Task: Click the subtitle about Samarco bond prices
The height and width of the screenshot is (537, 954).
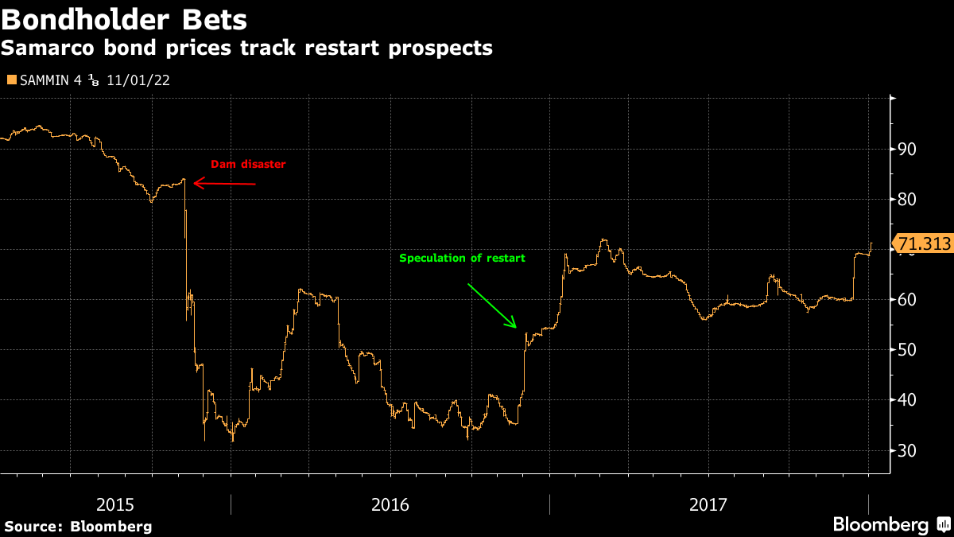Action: click(246, 49)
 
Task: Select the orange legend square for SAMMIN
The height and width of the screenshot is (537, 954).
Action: click(10, 80)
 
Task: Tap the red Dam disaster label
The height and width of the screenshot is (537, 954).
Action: click(247, 165)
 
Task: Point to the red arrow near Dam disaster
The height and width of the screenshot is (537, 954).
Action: click(225, 184)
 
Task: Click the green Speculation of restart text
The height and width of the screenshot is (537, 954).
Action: click(462, 259)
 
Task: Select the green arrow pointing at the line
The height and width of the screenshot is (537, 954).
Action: click(492, 305)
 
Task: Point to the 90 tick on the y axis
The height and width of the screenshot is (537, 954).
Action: click(907, 149)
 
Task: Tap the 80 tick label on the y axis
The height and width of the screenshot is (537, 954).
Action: click(907, 199)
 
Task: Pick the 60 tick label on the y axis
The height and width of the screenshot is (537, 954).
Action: click(907, 300)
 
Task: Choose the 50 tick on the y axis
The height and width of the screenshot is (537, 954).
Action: click(907, 350)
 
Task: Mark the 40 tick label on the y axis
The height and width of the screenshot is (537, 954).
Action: click(907, 400)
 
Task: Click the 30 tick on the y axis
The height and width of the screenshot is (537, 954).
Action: click(907, 450)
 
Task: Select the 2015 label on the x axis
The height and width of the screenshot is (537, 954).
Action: click(115, 504)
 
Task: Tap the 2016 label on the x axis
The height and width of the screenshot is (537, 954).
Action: click(390, 504)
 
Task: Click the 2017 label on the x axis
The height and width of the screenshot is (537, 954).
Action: click(708, 504)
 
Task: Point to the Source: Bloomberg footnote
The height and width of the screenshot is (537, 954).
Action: click(78, 526)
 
